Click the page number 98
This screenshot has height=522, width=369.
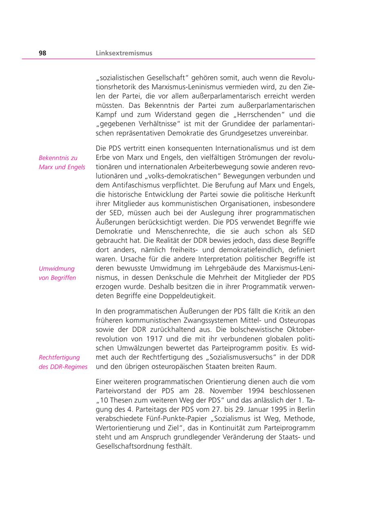43,53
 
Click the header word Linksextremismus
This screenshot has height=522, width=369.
124,53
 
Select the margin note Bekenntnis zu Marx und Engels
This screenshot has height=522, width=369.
62,162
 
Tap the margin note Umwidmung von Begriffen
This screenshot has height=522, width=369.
57,273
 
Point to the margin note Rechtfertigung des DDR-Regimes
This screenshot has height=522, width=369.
63,362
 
